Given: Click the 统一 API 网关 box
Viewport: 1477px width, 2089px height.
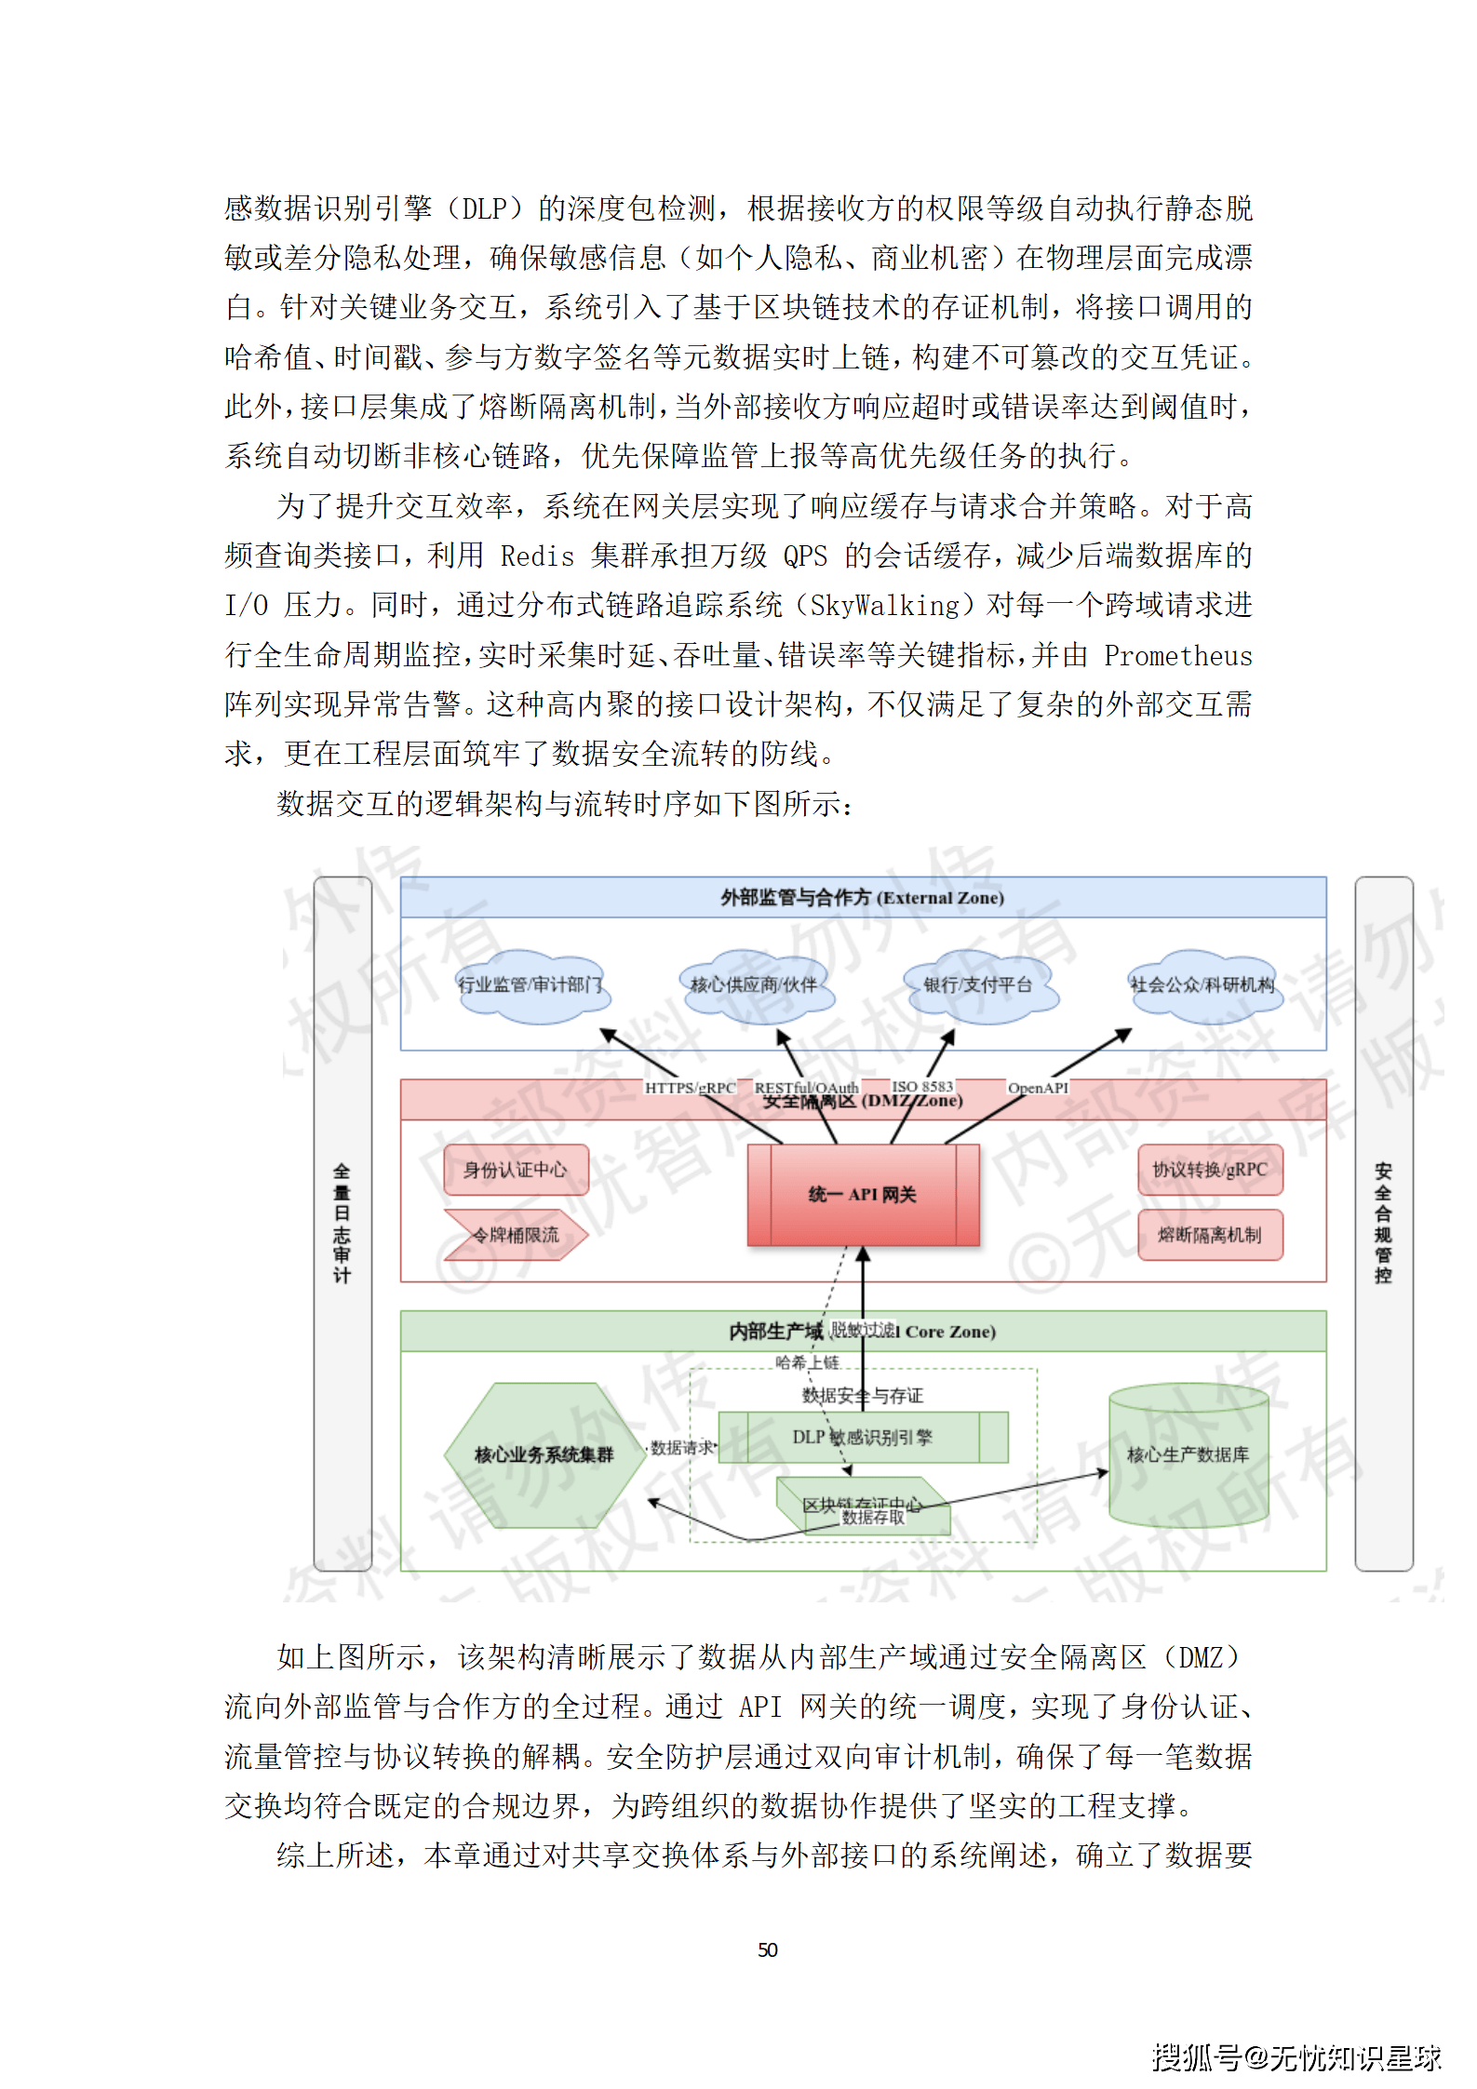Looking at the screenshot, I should pyautogui.click(x=863, y=1194).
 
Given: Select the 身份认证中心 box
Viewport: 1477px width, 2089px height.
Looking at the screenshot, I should pyautogui.click(x=516, y=1170).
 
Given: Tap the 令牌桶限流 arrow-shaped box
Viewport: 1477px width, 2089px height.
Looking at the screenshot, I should pyautogui.click(x=516, y=1235).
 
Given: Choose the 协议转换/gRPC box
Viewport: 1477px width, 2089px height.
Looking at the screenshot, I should pyautogui.click(x=1210, y=1170).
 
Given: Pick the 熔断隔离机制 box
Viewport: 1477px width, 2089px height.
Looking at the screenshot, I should pyautogui.click(x=1210, y=1235).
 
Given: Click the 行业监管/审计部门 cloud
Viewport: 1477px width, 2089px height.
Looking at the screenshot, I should pyautogui.click(x=530, y=985).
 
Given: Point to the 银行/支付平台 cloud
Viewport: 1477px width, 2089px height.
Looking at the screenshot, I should pyautogui.click(x=978, y=985).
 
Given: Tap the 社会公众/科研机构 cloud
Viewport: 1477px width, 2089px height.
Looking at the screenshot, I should pyautogui.click(x=1202, y=985).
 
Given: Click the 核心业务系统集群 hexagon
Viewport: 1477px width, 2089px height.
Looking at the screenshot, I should pyautogui.click(x=544, y=1454).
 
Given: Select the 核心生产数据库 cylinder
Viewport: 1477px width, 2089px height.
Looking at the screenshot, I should pyautogui.click(x=1188, y=1454).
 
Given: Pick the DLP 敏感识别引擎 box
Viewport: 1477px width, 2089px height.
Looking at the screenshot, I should pyautogui.click(x=863, y=1437).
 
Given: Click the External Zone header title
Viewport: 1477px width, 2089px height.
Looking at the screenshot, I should pyautogui.click(x=863, y=898).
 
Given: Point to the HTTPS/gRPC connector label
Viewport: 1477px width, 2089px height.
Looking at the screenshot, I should pyautogui.click(x=690, y=1088).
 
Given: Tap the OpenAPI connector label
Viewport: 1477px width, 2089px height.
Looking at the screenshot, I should pyautogui.click(x=1038, y=1088).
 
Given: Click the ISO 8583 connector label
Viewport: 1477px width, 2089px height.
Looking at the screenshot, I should pyautogui.click(x=922, y=1087).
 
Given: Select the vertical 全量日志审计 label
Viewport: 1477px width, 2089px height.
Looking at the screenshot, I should pyautogui.click(x=342, y=1223).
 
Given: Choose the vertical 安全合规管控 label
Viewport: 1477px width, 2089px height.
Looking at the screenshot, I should pyautogui.click(x=1383, y=1223).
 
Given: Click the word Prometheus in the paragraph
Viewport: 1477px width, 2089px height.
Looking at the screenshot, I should pyautogui.click(x=1177, y=656).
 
